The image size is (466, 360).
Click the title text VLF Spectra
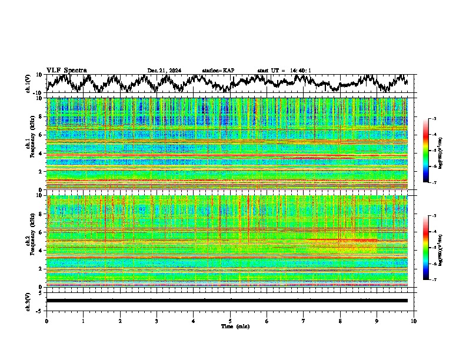coord(66,70)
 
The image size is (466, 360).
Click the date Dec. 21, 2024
coord(164,71)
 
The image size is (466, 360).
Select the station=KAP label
coord(218,71)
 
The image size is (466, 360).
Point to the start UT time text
coord(284,71)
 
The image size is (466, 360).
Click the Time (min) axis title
coord(234,326)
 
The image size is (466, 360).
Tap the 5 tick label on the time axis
coord(231,321)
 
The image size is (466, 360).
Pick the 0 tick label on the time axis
coord(46,321)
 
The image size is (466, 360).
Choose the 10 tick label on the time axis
coord(414,321)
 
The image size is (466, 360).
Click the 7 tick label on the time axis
coord(304,321)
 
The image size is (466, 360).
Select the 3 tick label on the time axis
coord(157,321)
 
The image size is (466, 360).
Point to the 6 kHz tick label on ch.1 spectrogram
coord(40,135)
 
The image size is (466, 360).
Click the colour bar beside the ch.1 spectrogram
coord(425,150)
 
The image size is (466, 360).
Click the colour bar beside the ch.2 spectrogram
coord(425,247)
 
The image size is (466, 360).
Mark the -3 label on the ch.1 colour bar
coord(434,119)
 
